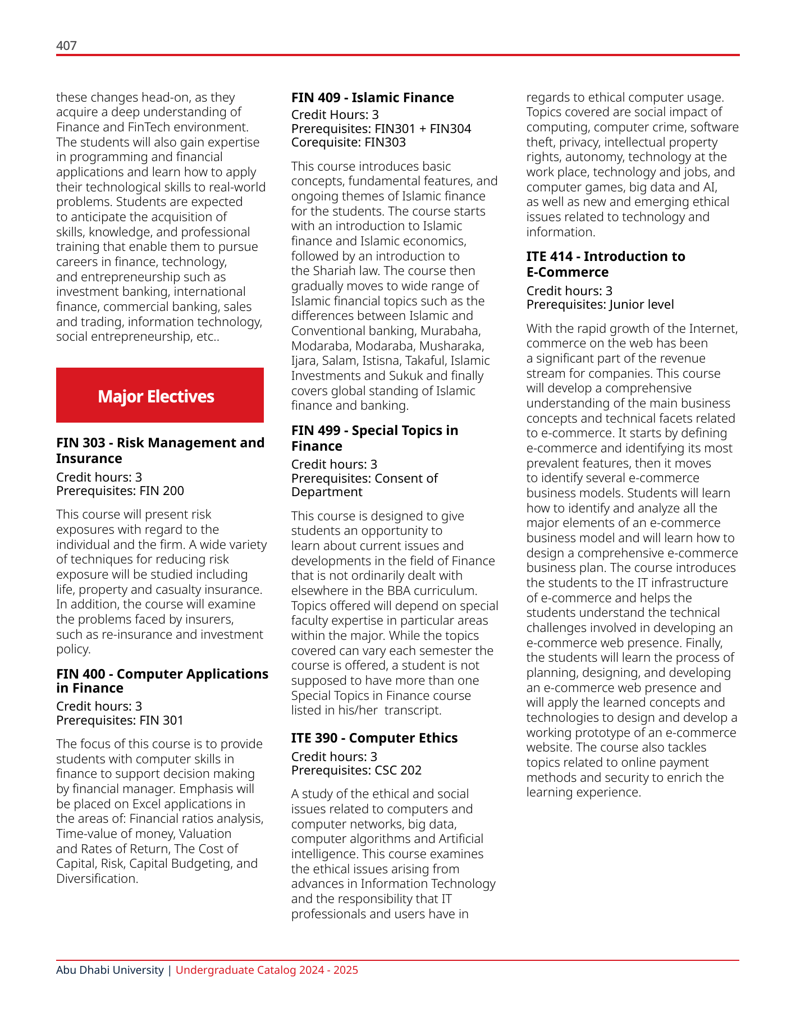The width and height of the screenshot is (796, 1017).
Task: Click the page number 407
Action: (x=66, y=45)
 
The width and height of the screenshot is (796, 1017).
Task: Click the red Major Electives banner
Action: (x=160, y=396)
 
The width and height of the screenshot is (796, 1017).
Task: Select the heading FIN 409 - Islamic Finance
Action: (x=372, y=98)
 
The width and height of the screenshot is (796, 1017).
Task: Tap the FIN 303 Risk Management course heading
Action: (x=160, y=450)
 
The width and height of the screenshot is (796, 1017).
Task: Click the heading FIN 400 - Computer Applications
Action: (x=162, y=680)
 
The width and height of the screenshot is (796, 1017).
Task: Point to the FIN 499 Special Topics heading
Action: (x=374, y=438)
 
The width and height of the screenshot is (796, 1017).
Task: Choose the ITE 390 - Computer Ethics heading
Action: (x=374, y=737)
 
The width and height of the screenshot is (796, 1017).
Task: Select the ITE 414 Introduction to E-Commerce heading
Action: (x=605, y=264)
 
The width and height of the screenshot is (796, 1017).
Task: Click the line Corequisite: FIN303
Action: (x=348, y=143)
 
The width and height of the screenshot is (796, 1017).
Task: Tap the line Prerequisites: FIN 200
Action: (x=120, y=491)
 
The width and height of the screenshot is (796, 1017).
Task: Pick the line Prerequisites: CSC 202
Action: (x=356, y=770)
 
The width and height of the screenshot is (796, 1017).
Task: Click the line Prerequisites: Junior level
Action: (x=600, y=304)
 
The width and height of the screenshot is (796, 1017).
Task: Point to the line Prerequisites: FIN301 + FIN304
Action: (x=381, y=129)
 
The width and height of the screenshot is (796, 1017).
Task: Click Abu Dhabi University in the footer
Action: (x=110, y=970)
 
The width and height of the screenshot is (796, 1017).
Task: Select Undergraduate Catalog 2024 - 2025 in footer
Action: (x=267, y=970)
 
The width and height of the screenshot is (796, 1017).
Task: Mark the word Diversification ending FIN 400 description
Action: (x=97, y=878)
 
